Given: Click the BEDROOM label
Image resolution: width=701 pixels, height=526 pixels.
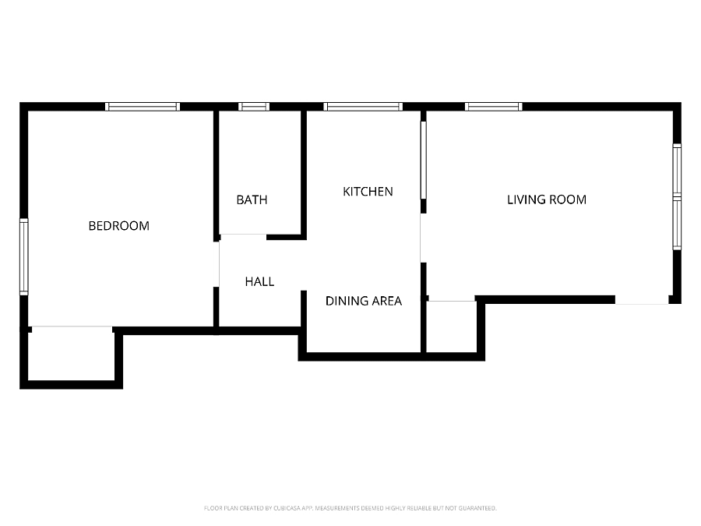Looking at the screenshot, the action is pos(119,226).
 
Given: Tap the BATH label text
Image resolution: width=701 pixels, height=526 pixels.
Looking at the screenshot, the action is pos(252,199).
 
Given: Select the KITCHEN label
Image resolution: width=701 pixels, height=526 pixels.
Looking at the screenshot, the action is pos(368,192).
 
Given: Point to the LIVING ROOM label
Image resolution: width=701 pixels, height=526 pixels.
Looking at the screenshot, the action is pos(547,199).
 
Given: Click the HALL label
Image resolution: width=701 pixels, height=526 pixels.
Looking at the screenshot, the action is pos(259,281).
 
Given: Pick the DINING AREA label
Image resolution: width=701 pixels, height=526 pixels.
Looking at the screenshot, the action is pos(364,301).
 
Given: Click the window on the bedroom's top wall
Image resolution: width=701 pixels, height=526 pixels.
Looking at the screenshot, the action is pos(143,107).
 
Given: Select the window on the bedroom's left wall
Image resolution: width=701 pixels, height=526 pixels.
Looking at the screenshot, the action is pos(24,256).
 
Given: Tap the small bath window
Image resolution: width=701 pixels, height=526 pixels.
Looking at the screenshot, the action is pos(253,107).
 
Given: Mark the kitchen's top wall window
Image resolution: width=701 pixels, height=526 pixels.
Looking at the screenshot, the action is pos(363,107).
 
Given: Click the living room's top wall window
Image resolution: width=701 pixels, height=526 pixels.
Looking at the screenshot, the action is pos(494,107).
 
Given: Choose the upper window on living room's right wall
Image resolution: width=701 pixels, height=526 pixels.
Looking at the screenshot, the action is pos(677,170).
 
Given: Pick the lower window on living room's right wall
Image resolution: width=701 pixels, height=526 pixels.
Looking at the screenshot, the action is pos(677,223).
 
